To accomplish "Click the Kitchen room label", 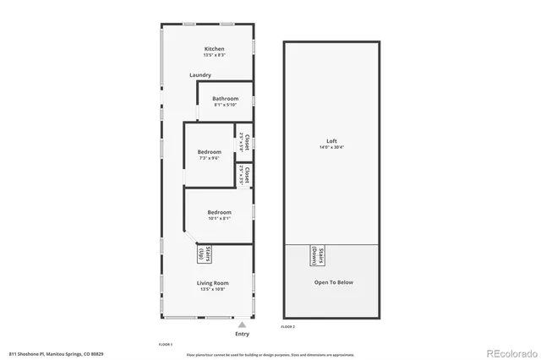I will point(214,49).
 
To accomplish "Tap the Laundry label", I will point(200,75).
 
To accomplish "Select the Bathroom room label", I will point(225,97).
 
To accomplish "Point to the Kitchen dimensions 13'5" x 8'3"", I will point(214,56).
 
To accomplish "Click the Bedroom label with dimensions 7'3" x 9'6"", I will point(209,152).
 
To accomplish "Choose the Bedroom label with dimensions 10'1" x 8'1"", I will point(219,211).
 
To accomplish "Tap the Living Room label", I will point(214,283).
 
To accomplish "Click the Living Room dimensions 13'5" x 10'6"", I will point(214,290).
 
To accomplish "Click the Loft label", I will point(331,141).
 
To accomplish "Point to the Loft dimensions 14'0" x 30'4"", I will point(331,148).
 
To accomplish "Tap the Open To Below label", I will point(333,282).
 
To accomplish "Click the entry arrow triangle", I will point(243,325).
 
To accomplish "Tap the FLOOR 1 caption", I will point(166,345).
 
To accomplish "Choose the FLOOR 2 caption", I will point(288,326).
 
